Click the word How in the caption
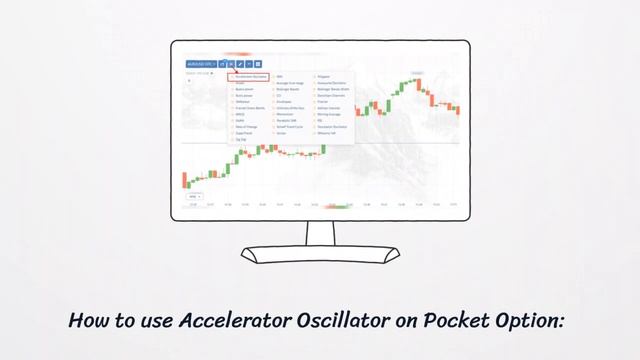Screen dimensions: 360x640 88,321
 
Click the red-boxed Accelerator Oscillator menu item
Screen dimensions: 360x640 248,76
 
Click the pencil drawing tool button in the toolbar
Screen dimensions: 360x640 240,64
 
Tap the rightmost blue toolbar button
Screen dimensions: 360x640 258,64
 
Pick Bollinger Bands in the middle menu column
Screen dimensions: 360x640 290,88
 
